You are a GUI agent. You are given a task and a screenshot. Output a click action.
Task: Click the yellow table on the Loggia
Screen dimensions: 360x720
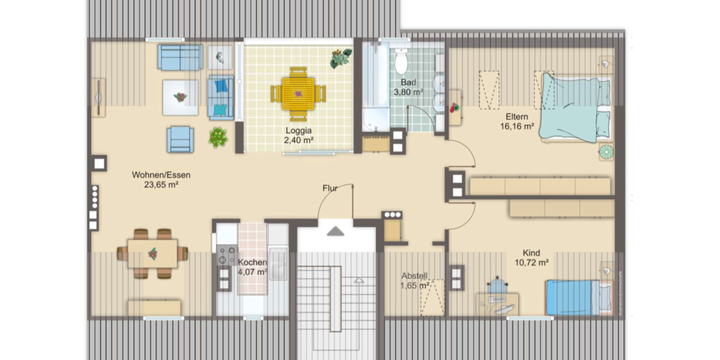pyautogui.click(x=298, y=94)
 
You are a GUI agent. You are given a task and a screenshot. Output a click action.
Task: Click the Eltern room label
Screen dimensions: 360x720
pyautogui.click(x=517, y=116)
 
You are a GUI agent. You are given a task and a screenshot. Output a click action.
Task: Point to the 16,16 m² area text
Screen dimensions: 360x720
pyautogui.click(x=517, y=126)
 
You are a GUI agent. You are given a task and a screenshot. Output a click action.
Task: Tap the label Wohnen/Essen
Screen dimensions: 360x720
pyautogui.click(x=161, y=175)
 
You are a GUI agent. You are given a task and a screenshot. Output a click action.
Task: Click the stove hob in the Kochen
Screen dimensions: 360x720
pyautogui.click(x=227, y=256)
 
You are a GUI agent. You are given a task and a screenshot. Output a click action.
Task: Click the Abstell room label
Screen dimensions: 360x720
pyautogui.click(x=414, y=276)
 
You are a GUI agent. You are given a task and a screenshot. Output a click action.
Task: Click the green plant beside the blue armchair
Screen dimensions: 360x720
pyautogui.click(x=218, y=137)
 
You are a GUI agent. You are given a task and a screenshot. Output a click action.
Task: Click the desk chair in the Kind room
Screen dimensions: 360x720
pyautogui.click(x=496, y=284)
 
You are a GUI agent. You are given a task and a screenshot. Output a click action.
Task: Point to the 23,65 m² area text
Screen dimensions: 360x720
pyautogui.click(x=161, y=185)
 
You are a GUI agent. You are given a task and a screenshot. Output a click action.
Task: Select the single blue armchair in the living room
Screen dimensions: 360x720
pyautogui.click(x=180, y=139)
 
